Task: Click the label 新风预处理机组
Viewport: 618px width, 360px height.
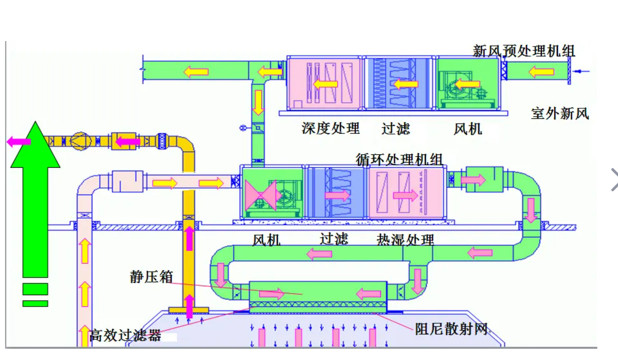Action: point(523,51)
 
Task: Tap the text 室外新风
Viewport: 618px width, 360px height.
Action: point(559,114)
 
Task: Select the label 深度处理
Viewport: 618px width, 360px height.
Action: point(330,128)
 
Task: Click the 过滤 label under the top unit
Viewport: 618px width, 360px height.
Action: point(395,129)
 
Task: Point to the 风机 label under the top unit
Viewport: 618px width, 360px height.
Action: point(467,129)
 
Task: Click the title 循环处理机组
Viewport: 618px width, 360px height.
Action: point(398,159)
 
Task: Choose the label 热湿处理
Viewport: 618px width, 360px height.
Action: point(405,240)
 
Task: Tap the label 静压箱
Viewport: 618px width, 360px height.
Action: point(151,277)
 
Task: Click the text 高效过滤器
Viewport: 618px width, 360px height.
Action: point(125,335)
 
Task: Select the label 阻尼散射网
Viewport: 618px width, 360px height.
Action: point(451,329)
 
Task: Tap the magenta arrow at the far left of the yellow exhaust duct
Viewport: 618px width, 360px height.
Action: point(19,141)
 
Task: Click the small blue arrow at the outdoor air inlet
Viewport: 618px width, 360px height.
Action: point(582,71)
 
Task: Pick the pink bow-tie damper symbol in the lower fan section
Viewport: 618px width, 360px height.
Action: point(260,195)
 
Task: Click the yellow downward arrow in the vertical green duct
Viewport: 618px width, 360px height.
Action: point(258,102)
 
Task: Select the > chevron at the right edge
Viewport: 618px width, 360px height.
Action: point(614,180)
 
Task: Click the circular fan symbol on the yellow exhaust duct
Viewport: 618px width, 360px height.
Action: point(80,141)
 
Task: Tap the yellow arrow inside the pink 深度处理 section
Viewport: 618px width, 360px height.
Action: point(325,84)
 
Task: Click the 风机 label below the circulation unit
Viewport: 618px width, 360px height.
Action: point(266,240)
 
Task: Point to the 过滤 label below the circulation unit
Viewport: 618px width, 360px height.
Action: point(333,239)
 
